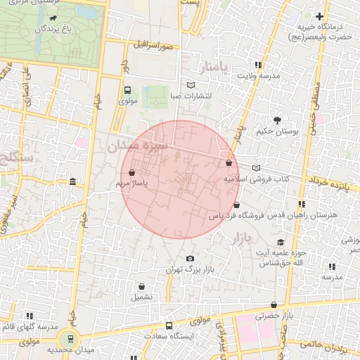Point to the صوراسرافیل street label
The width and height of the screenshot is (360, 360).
click(150, 44)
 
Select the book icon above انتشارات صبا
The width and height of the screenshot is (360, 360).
click(192, 85)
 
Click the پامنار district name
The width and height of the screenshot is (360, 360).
click(214, 68)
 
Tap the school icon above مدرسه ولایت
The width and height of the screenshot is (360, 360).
click(258, 64)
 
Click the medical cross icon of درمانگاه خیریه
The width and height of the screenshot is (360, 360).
click(320, 16)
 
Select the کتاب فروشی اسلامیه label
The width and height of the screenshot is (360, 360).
click(257, 179)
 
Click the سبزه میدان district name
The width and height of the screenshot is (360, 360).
click(136, 146)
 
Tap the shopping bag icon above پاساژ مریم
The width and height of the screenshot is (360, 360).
click(132, 172)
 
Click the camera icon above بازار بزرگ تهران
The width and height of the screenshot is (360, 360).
click(190, 259)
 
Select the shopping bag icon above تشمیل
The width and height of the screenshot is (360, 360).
click(143, 286)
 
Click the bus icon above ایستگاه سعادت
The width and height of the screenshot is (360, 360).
click(169, 326)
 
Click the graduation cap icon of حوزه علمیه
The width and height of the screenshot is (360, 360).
click(281, 243)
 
